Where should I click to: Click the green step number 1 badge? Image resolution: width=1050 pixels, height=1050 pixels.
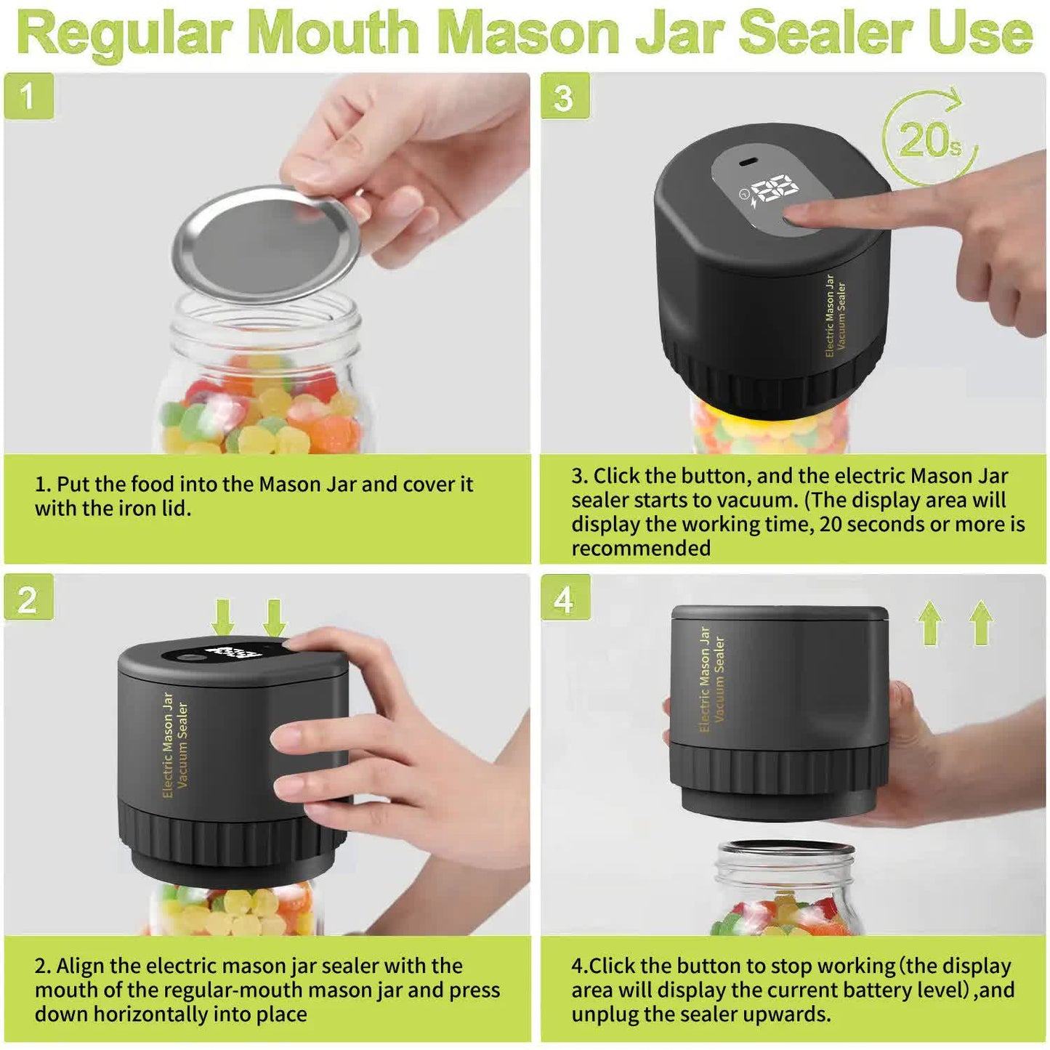pos(28,96)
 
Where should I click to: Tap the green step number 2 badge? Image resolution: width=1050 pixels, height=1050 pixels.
pos(28,599)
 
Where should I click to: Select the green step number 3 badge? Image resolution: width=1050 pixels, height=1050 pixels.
pos(565,97)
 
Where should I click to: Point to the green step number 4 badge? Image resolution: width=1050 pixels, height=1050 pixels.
pos(565,599)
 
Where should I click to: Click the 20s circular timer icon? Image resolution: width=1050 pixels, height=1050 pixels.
pos(929,139)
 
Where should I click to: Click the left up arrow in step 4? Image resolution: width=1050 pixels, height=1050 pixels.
pos(930,623)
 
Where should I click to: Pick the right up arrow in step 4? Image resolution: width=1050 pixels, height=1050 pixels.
pos(981,623)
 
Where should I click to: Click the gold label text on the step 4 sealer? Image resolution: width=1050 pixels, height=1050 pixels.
pos(711,679)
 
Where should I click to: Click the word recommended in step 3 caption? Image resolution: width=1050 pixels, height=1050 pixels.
pos(641,548)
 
